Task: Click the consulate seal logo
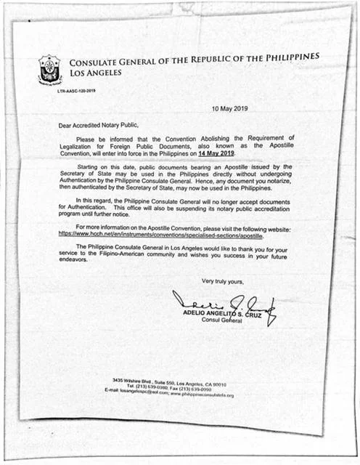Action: point(49,70)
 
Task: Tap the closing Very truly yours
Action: point(225,280)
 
